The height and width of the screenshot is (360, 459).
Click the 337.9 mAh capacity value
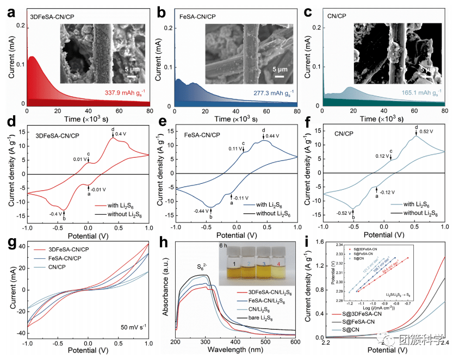(118, 92)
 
